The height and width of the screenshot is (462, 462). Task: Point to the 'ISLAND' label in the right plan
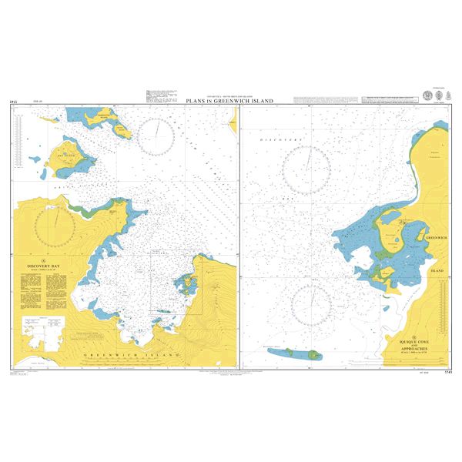click(x=437, y=271)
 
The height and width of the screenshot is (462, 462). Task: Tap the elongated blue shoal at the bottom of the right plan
click(x=297, y=353)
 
